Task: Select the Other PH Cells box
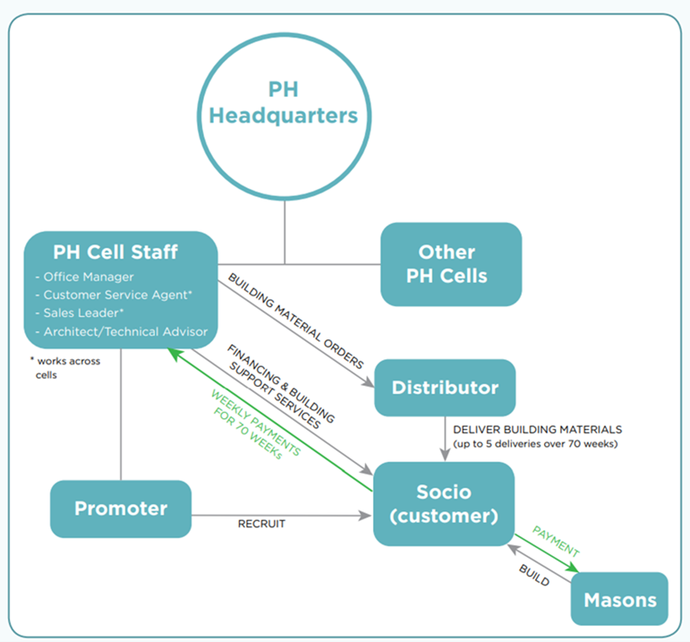pyautogui.click(x=451, y=264)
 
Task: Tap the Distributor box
pyautogui.click(x=445, y=387)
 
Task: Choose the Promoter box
pyautogui.click(x=121, y=509)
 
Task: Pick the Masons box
pyautogui.click(x=620, y=599)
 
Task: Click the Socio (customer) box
pyautogui.click(x=443, y=504)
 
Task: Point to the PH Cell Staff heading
pyautogui.click(x=115, y=252)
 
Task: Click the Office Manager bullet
pyautogui.click(x=85, y=277)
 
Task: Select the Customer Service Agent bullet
pyautogui.click(x=114, y=295)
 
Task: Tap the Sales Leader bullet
pyautogui.click(x=79, y=313)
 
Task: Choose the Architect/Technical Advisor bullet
pyautogui.click(x=121, y=332)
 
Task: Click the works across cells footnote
pyautogui.click(x=65, y=368)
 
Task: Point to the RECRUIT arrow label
pyautogui.click(x=261, y=524)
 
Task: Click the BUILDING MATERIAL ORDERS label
pyautogui.click(x=296, y=321)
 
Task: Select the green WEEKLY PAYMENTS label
pyautogui.click(x=256, y=424)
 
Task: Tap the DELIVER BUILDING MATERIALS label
pyautogui.click(x=537, y=430)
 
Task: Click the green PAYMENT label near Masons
pyautogui.click(x=556, y=541)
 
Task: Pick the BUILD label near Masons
pyautogui.click(x=534, y=575)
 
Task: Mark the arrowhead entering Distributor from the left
pyautogui.click(x=368, y=383)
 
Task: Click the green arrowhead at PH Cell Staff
pyautogui.click(x=174, y=353)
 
